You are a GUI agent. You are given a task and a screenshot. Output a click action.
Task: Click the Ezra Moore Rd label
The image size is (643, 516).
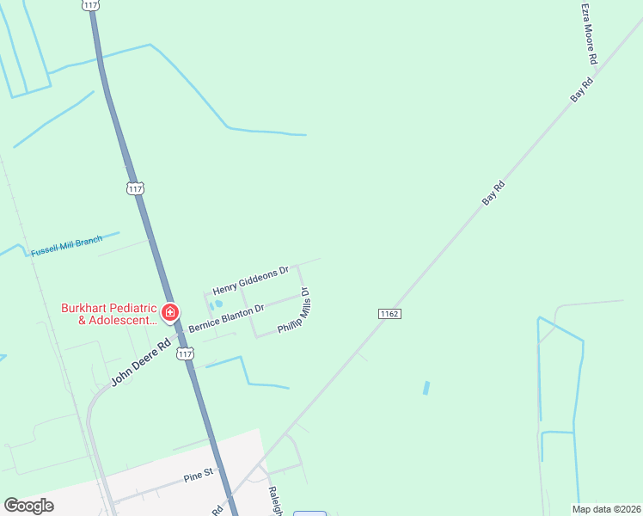click(x=589, y=34)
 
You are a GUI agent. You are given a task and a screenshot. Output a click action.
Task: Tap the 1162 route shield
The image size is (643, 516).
click(x=389, y=314)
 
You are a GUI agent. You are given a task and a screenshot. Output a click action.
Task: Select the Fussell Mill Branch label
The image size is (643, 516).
click(x=66, y=246)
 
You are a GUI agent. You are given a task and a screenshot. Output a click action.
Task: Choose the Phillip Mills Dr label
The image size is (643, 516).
click(x=293, y=311)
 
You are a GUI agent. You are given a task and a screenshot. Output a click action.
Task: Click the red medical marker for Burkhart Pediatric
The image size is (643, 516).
click(x=170, y=311)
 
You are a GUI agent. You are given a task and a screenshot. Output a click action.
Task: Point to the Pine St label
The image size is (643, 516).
click(x=198, y=475)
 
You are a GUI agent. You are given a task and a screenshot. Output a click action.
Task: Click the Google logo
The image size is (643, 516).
click(x=28, y=506)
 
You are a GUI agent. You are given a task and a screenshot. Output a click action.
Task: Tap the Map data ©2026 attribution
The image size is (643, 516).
click(x=605, y=509)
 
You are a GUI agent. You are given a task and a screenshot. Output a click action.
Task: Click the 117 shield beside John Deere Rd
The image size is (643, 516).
click(x=185, y=353)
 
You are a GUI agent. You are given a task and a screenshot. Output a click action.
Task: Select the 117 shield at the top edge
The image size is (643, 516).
click(x=92, y=5)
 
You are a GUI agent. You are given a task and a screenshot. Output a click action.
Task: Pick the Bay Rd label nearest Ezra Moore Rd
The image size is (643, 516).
click(x=582, y=91)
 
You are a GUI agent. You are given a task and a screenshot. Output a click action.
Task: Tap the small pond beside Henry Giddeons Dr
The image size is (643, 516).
click(x=217, y=304)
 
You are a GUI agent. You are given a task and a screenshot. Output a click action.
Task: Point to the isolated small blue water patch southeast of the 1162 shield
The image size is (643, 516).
click(x=426, y=388)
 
